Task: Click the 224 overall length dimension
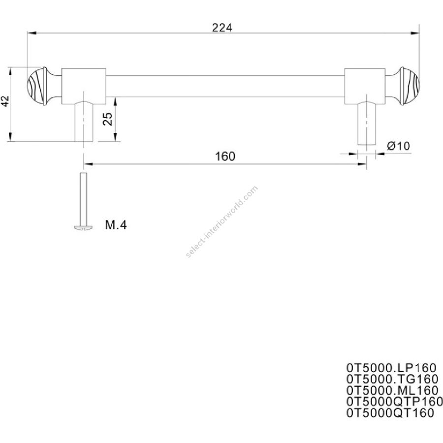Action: click(222, 28)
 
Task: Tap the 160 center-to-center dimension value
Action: click(225, 156)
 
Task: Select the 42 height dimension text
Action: click(5, 101)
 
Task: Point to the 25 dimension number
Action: click(108, 119)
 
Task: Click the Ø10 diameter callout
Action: click(398, 146)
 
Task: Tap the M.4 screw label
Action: click(116, 225)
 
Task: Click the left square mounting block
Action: click(84, 86)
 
